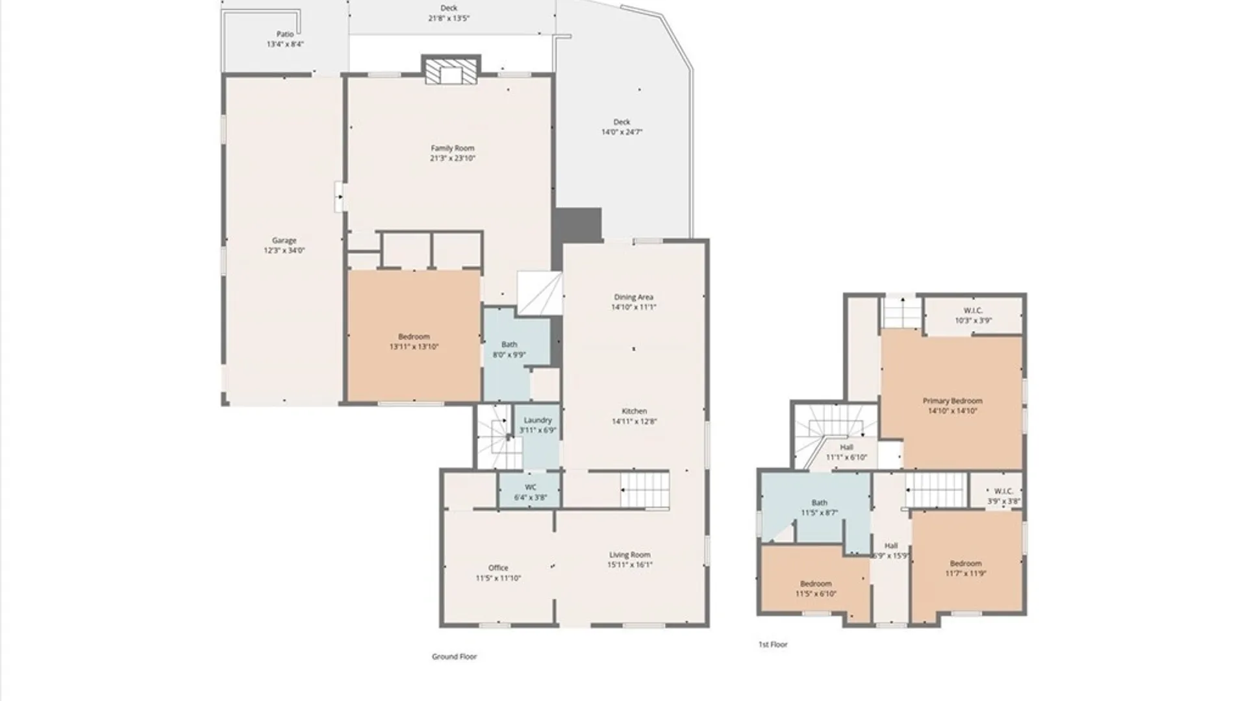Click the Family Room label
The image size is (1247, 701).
453,148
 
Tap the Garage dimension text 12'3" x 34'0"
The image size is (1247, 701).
284,251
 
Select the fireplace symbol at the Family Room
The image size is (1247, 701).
451,70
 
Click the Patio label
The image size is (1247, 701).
285,34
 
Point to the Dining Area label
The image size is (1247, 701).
633,297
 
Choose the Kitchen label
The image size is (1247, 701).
635,411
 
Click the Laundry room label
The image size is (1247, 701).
538,420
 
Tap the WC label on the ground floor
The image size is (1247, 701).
531,487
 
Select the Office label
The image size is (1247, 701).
498,568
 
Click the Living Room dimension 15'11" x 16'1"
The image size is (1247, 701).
630,565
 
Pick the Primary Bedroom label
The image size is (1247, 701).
953,401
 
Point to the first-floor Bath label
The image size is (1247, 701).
820,502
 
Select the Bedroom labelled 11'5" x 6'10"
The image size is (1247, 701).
816,584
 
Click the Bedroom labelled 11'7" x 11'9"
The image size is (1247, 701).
966,564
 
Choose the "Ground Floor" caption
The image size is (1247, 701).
455,657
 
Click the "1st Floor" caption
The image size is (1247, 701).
773,645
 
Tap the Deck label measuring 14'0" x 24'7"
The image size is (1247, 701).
622,122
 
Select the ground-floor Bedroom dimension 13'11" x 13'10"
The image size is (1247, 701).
414,347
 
